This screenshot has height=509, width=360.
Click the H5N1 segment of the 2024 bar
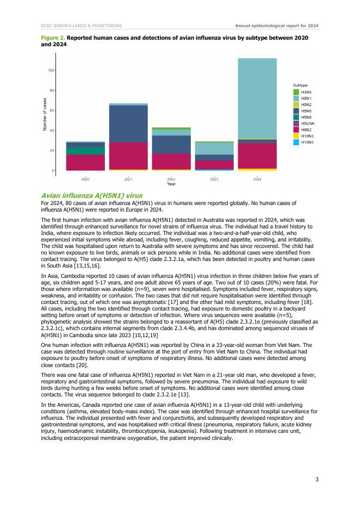tap(257, 98)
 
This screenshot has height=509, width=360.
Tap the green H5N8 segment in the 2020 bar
tap(85, 151)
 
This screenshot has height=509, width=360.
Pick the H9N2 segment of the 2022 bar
tap(171, 162)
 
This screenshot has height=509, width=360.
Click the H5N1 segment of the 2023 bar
tap(214, 148)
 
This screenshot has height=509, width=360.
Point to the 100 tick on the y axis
tap(52, 70)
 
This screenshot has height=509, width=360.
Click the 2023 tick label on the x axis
tap(214, 179)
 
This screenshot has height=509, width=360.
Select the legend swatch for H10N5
tap(297, 142)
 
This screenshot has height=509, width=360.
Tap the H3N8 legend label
tap(306, 92)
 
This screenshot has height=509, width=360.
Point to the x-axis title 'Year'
tap(171, 184)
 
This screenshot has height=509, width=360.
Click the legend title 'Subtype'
tap(301, 85)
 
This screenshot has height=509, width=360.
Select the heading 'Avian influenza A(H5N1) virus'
tap(91, 195)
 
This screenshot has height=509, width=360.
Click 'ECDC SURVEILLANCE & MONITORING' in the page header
tap(81, 25)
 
